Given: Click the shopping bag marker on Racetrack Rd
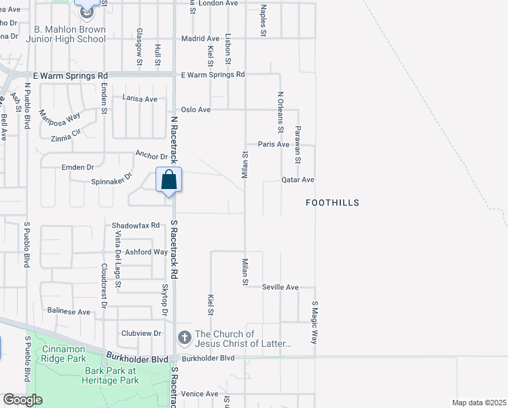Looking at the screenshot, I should [169, 181].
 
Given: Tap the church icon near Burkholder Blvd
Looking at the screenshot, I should [184, 337].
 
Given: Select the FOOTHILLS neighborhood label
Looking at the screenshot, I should [332, 203].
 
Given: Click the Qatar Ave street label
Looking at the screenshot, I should [298, 180].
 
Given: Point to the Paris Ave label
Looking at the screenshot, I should [274, 144].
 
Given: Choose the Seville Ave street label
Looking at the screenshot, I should [280, 287].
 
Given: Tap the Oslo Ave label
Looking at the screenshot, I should [194, 109].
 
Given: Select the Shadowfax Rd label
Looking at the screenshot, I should [136, 225].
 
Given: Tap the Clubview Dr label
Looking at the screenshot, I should [141, 333].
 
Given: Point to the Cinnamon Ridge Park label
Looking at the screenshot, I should [63, 353].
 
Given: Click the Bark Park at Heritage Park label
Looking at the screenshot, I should [111, 375].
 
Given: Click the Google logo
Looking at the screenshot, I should [22, 400].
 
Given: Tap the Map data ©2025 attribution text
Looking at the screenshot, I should [479, 403].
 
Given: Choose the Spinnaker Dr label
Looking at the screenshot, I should [112, 182].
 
